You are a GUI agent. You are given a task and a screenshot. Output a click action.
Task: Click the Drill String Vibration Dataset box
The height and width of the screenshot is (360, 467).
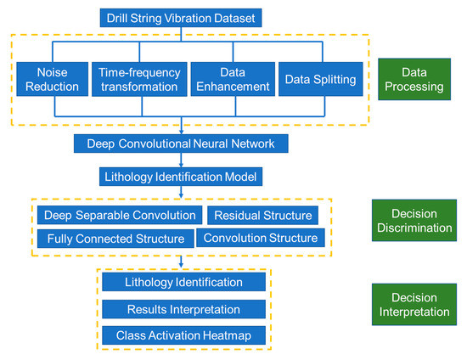[182, 17]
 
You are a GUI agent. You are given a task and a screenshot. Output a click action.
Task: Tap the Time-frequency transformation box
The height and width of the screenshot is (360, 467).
[138, 78]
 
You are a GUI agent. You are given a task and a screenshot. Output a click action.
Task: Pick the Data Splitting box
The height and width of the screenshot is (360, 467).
[318, 78]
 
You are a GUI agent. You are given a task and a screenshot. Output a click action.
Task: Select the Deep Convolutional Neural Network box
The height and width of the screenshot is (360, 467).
[182, 144]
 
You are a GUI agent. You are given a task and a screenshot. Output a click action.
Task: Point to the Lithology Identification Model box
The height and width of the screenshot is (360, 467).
[182, 177]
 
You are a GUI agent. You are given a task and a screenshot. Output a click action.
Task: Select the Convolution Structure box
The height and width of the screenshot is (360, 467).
[261, 238]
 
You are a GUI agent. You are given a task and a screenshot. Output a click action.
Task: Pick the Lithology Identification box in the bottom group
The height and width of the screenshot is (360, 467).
[183, 282]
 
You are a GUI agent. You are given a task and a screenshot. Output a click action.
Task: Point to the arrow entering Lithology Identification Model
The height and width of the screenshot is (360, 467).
[182, 163]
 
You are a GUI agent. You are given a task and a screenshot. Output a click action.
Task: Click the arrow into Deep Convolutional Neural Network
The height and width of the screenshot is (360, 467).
[182, 129]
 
